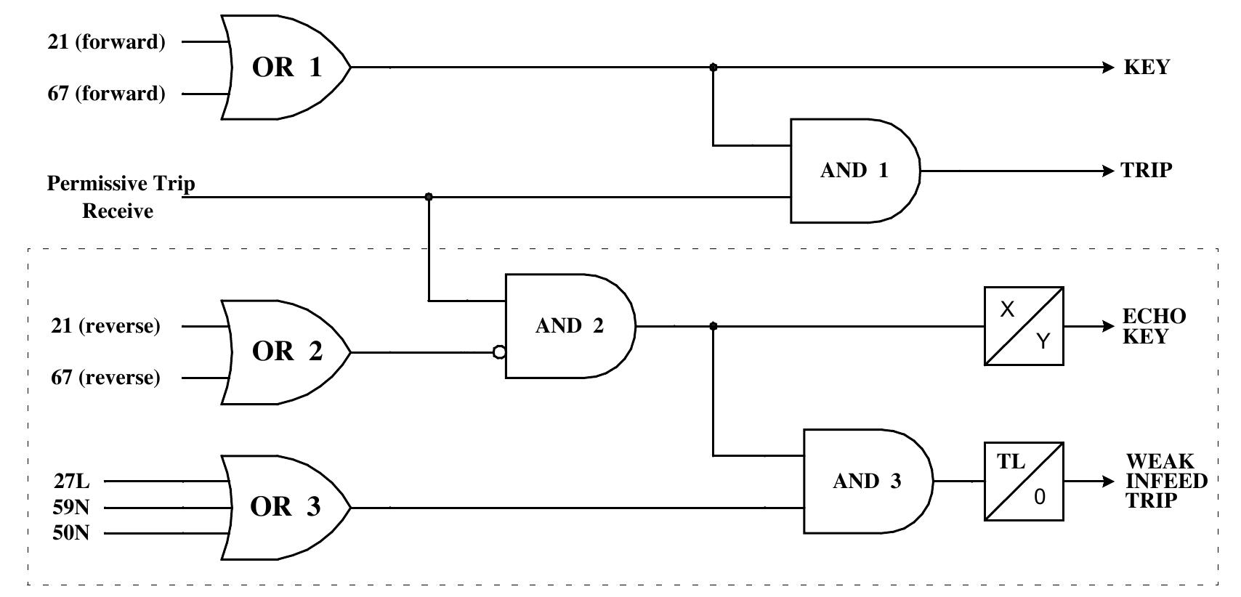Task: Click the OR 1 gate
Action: [x=286, y=68]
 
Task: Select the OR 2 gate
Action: [x=286, y=352]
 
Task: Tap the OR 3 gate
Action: [x=286, y=507]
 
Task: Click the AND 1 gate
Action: [x=854, y=171]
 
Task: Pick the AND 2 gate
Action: [x=570, y=326]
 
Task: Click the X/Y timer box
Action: [x=1024, y=326]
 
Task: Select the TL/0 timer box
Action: [x=1024, y=482]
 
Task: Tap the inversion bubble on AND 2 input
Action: [x=499, y=352]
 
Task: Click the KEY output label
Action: [x=1147, y=68]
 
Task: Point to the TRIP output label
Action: [x=1147, y=171]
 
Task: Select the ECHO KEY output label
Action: [x=1154, y=327]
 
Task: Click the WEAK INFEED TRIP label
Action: [x=1165, y=482]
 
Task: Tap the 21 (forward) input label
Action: [x=107, y=42]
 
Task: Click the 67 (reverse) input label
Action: [x=105, y=378]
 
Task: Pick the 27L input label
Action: [x=71, y=481]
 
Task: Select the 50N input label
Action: [x=71, y=533]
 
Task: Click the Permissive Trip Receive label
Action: [x=121, y=197]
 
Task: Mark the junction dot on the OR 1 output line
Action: [x=713, y=68]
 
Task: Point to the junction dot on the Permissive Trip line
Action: [x=429, y=197]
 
